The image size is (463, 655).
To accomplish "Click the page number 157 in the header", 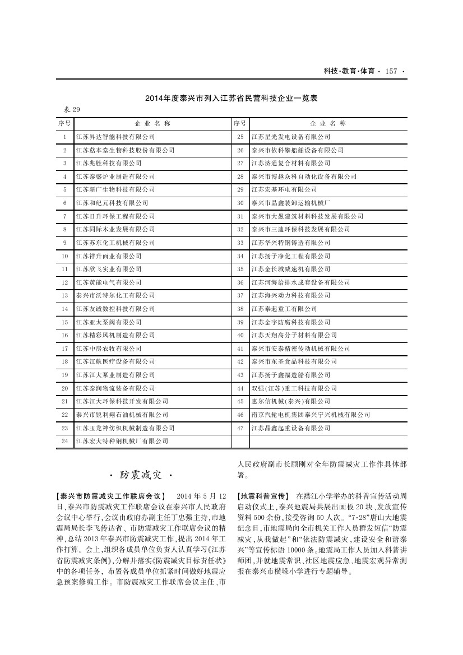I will pos(391,71).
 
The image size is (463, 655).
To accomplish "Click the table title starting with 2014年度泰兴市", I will pos(231,99).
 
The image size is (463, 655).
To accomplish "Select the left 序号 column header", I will pos(64,123).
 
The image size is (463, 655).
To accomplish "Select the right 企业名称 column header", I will pos(327,123).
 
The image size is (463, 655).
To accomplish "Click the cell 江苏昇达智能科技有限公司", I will pos(115,137).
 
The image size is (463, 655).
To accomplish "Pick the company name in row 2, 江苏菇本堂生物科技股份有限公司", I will pos(125,150).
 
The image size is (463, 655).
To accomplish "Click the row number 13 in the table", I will pos(64,295).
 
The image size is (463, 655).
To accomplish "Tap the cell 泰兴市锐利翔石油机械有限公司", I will pos(122,415).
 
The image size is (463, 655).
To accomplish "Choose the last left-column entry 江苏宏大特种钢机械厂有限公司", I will pos(122,441).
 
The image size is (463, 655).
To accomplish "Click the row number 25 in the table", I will pos(240,137).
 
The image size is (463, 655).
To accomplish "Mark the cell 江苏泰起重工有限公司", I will pos(284,309).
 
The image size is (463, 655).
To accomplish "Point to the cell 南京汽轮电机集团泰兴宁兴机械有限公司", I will pos(310,415).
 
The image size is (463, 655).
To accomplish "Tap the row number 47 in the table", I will pos(240,428).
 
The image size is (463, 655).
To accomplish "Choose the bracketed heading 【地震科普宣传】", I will pos(263,496).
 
